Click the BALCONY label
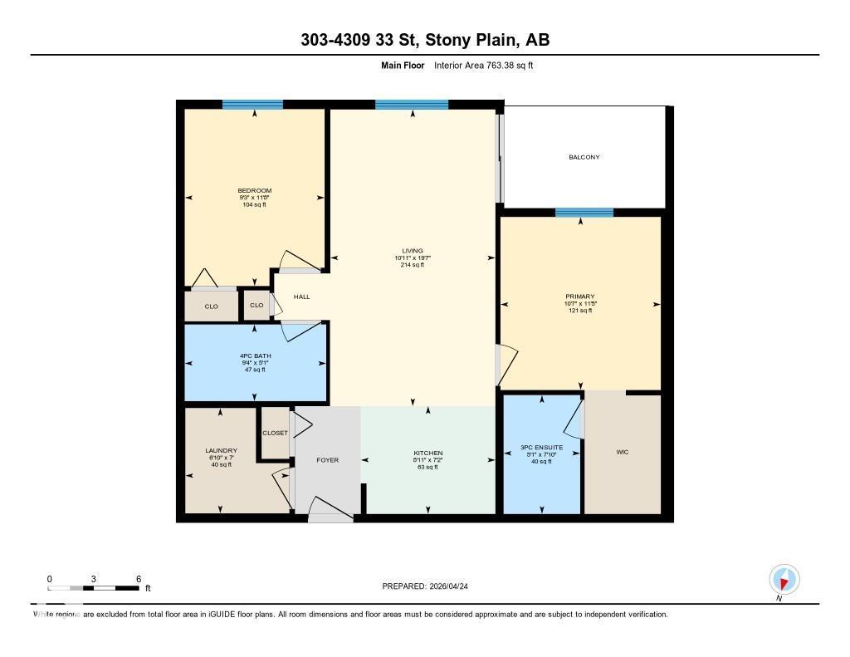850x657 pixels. coord(584,157)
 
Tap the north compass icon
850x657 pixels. coord(784,579)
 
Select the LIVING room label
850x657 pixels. coord(413,251)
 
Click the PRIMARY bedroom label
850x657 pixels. coord(580,297)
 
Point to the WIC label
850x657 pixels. coord(623,452)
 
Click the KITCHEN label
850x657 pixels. coord(428,454)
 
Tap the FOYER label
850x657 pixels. coord(328,459)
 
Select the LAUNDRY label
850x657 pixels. coord(221,451)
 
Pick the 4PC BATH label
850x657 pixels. coord(255,356)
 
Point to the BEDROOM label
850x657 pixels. coord(254,191)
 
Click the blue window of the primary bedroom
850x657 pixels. coord(584,213)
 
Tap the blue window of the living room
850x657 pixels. coord(412,105)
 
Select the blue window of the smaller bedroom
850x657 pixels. coord(252,105)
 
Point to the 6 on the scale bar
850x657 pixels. coord(139,578)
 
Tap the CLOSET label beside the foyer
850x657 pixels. coord(275,433)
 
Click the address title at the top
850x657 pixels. coord(424,40)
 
